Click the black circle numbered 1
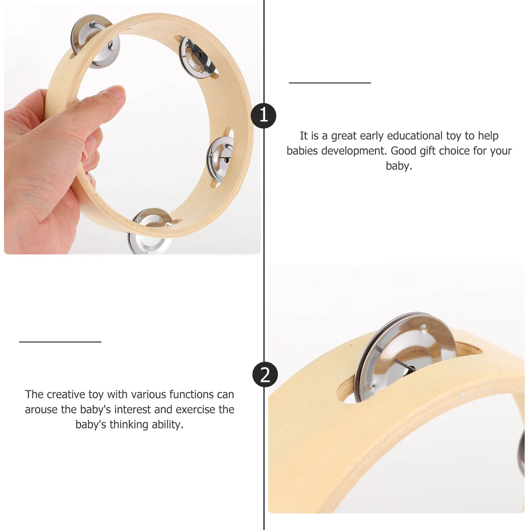pyautogui.click(x=263, y=116)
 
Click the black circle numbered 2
pyautogui.click(x=265, y=375)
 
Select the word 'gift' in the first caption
pyautogui.click(x=428, y=151)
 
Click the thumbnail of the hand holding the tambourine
pyautogui.click(x=132, y=131)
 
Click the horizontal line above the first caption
pyautogui.click(x=330, y=83)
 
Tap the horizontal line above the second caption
pyautogui.click(x=60, y=342)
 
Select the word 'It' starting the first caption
pyautogui.click(x=304, y=136)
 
